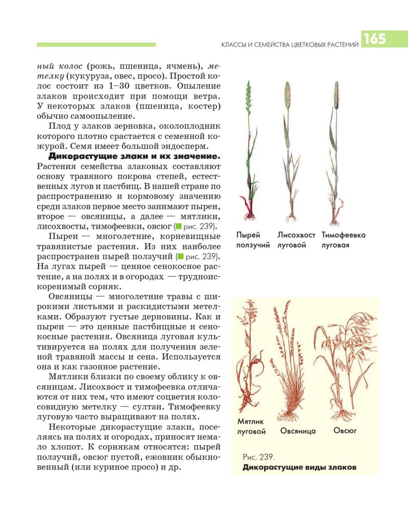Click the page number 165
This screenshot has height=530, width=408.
point(375,39)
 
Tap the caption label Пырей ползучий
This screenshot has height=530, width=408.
point(253,240)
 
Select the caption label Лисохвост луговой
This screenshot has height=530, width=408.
point(296,240)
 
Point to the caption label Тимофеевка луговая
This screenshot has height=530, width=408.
point(343,240)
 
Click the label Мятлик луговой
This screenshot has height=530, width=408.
point(251,426)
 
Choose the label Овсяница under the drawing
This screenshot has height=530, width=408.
point(298,431)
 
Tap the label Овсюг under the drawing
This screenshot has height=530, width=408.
point(345,430)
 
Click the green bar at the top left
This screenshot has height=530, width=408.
point(96,44)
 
